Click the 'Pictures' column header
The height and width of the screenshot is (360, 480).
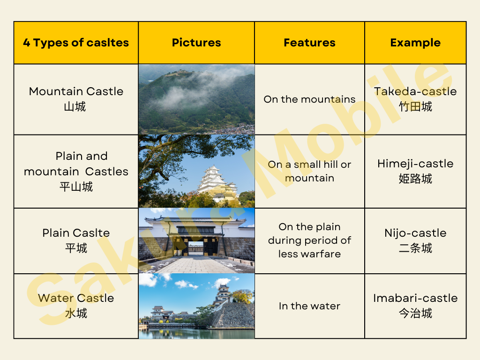point(196,43)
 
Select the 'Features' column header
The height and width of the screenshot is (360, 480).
point(309,43)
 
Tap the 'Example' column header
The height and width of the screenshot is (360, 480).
point(415,43)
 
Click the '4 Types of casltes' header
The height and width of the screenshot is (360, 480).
point(76,43)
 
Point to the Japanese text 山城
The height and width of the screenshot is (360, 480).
point(75,106)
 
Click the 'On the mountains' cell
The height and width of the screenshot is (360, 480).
point(309,99)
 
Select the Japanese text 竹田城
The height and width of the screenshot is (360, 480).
point(415,106)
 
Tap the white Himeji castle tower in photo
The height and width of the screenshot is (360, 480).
point(214,180)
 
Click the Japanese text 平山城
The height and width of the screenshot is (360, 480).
point(76,187)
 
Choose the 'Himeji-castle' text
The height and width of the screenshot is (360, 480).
point(415,164)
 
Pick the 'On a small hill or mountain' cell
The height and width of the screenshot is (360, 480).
point(309,171)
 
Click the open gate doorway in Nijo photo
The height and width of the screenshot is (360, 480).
point(195,248)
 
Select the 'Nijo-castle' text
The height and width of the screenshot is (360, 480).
point(415,233)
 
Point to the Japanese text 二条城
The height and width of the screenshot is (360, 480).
point(415,248)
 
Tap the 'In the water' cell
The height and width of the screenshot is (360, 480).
point(309,306)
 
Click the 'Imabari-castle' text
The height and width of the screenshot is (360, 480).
point(415,298)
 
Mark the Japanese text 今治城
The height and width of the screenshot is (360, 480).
point(415,313)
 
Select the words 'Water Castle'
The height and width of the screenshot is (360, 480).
point(76,298)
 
